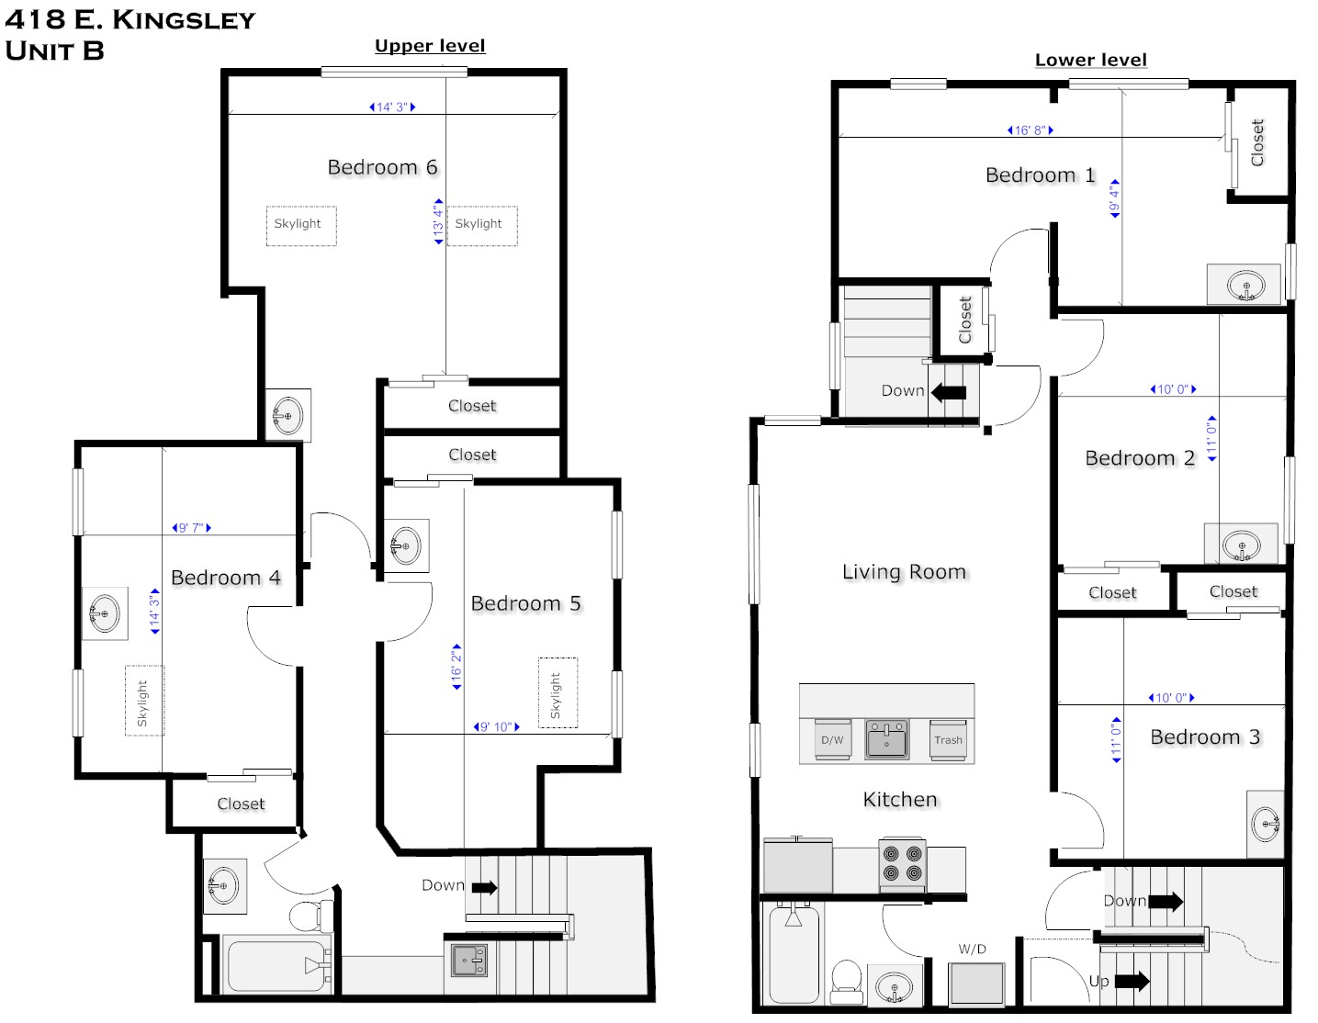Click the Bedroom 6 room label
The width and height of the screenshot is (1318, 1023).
[x=382, y=167]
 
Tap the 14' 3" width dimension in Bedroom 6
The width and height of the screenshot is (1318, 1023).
[x=392, y=107]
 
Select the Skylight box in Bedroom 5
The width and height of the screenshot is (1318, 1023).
[x=558, y=692]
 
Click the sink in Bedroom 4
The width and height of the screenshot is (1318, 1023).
[x=105, y=613]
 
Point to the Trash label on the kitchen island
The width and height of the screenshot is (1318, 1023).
[x=948, y=740]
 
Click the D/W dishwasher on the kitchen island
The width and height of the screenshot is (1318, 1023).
[x=832, y=740]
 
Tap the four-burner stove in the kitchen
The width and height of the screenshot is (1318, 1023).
[x=903, y=864]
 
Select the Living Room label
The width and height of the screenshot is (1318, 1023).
[x=904, y=572]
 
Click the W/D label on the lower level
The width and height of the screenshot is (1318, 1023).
[x=973, y=949]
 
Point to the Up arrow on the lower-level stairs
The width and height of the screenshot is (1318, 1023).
[x=1132, y=981]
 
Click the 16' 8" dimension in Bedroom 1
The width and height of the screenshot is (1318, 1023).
[x=1031, y=130]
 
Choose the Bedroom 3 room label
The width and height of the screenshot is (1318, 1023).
[x=1205, y=736]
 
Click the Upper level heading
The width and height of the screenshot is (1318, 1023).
[x=430, y=46]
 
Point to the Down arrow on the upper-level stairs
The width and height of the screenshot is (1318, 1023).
[x=485, y=887]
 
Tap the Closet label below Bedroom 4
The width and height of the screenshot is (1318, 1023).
[x=241, y=804]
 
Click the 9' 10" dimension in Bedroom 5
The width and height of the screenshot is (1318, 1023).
[x=497, y=727]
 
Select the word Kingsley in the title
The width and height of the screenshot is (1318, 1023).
[x=184, y=20]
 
